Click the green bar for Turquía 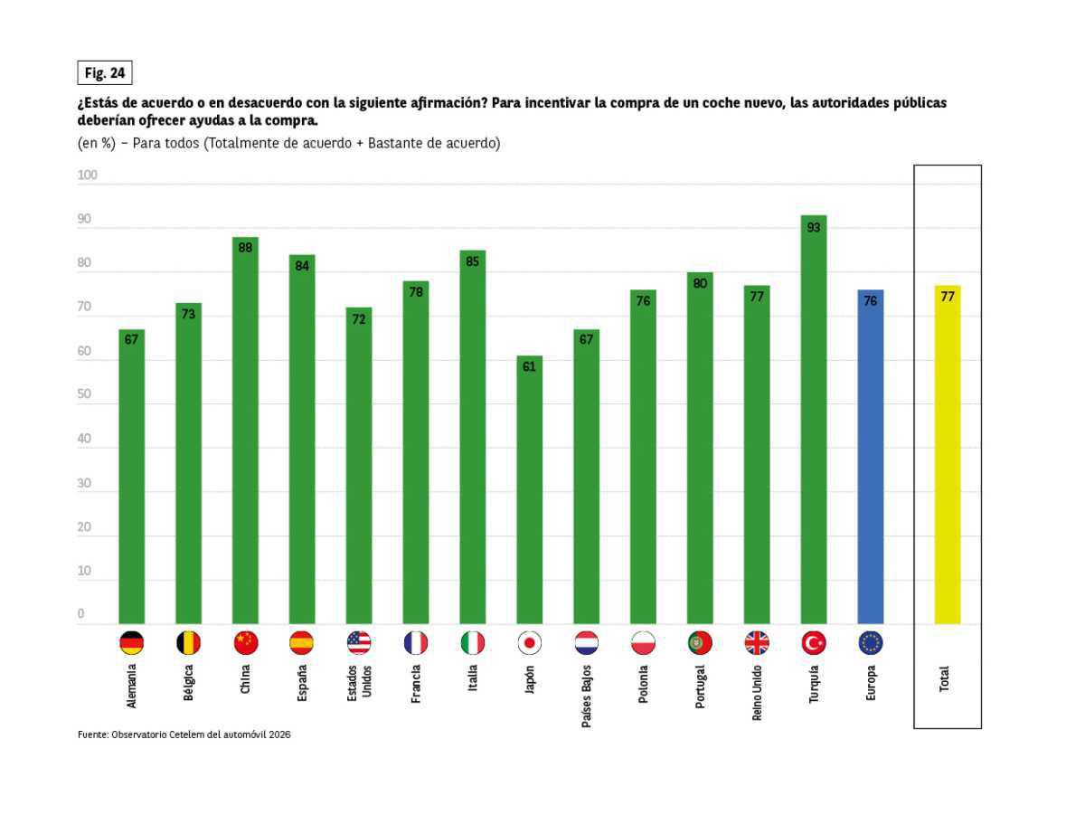(814, 420)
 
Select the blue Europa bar (871, 457)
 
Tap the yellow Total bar (947, 455)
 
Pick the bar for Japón (529, 489)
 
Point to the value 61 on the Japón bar (529, 367)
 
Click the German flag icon (131, 643)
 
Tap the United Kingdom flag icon (757, 643)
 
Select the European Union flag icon (871, 643)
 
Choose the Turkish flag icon (814, 643)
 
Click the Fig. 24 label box (105, 73)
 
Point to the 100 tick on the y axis (87, 175)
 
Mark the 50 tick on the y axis (84, 395)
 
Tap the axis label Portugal (700, 687)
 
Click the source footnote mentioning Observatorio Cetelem (184, 734)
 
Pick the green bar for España (302, 440)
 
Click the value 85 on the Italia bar (472, 261)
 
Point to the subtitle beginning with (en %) (288, 143)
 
